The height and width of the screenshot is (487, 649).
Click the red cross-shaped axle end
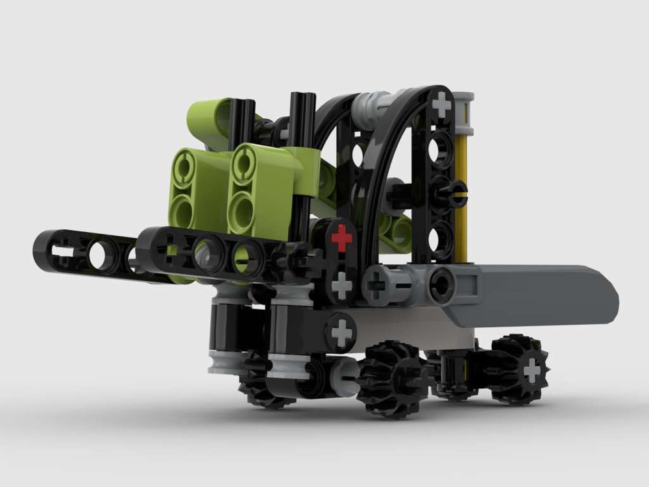[x=341, y=238]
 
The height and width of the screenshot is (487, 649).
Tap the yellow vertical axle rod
[x=461, y=195]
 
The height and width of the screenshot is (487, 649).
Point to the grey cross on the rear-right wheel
[x=532, y=370]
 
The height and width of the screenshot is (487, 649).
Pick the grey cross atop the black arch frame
[x=442, y=104]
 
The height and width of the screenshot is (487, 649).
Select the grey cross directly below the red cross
[x=341, y=284]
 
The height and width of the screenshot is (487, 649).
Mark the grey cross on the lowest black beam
[x=341, y=333]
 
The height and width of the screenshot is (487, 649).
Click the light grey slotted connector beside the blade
[x=389, y=284]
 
